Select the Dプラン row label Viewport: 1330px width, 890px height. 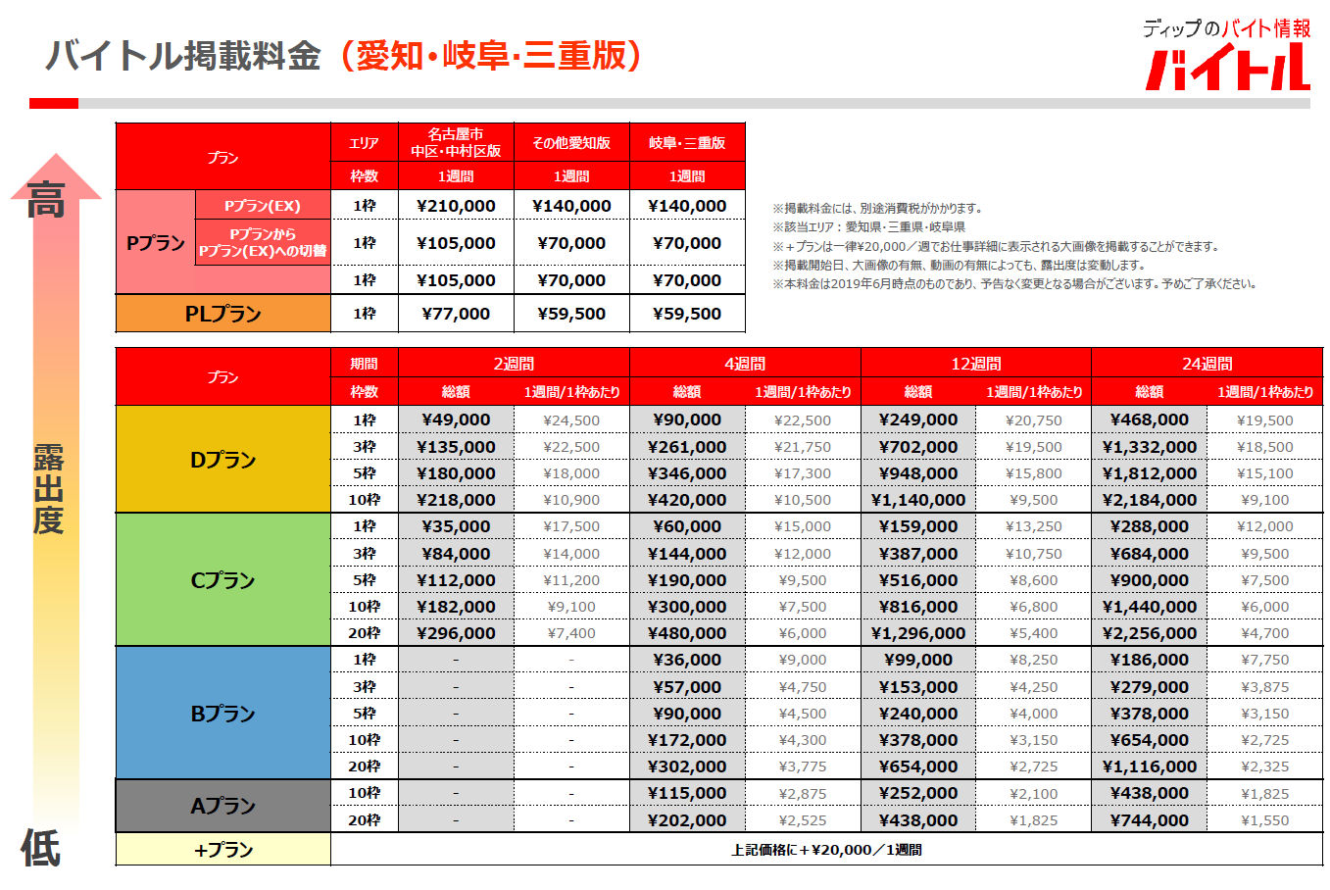tap(222, 460)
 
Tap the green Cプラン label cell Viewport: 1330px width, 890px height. tap(222, 580)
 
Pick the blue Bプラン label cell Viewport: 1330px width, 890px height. tap(222, 714)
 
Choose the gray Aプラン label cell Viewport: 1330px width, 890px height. tap(222, 806)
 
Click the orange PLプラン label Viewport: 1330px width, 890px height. tap(222, 314)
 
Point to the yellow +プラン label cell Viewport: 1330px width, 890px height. tap(222, 850)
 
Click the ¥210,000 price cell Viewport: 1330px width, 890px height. tap(456, 206)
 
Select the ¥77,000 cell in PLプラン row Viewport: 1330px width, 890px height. tap(456, 314)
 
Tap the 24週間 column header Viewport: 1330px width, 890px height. tap(1207, 364)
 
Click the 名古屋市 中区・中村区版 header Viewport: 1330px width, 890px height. tap(456, 143)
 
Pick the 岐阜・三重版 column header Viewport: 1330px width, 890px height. tap(687, 143)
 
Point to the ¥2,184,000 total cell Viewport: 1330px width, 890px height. tap(1149, 500)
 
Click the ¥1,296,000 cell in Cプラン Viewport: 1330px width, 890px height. tap(917, 633)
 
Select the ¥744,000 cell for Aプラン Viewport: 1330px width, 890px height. tap(1149, 820)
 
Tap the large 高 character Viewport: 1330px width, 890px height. tap(46, 199)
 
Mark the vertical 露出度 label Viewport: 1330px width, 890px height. tap(48, 489)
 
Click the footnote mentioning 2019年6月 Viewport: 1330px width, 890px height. tap(1014, 284)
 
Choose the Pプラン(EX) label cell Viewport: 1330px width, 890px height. tap(263, 206)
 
